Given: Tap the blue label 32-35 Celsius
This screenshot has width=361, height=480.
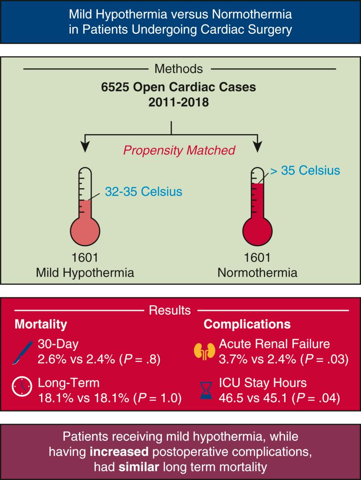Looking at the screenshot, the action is [143, 192].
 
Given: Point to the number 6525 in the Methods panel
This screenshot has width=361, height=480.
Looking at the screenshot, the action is [114, 87].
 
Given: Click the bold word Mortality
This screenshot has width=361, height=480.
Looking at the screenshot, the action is [41, 325].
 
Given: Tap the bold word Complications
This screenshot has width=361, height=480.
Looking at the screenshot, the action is [247, 325].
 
